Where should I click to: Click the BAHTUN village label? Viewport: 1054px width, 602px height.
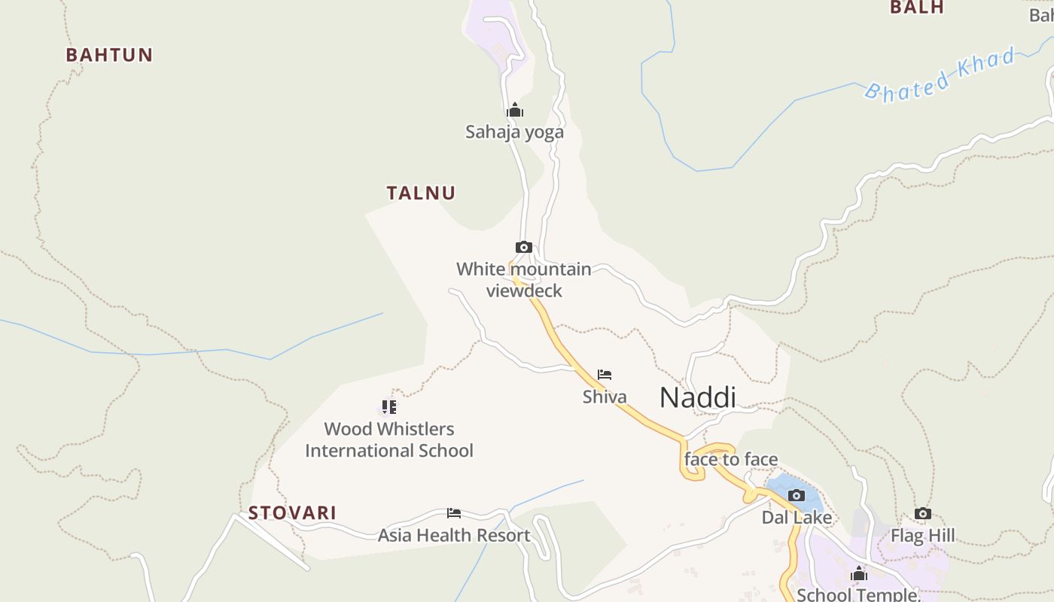[109, 55]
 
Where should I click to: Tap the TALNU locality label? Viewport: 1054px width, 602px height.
[421, 193]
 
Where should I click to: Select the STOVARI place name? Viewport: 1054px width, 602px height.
[292, 513]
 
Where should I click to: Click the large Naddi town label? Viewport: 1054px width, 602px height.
[697, 397]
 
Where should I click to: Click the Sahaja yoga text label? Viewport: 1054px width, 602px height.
[514, 132]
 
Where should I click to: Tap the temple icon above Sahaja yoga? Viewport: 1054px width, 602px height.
[515, 111]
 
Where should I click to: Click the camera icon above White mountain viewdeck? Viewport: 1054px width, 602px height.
[524, 247]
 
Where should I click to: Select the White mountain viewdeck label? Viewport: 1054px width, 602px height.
[524, 280]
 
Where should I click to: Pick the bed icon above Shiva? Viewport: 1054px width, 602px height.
[605, 375]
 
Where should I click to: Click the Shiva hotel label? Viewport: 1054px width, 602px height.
[605, 397]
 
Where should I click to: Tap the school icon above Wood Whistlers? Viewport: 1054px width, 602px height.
[388, 407]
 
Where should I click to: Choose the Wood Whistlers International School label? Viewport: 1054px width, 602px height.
[389, 439]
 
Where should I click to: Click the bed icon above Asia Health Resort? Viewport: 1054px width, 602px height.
[454, 513]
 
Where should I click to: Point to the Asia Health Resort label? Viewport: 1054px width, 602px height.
[454, 536]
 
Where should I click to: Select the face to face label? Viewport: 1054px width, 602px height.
[730, 459]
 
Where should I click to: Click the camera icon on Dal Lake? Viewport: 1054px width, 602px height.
[797, 495]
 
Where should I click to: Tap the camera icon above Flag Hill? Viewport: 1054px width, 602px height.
[923, 514]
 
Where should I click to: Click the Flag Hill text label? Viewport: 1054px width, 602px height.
[923, 536]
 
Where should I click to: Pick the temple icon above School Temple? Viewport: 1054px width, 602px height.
[859, 575]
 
